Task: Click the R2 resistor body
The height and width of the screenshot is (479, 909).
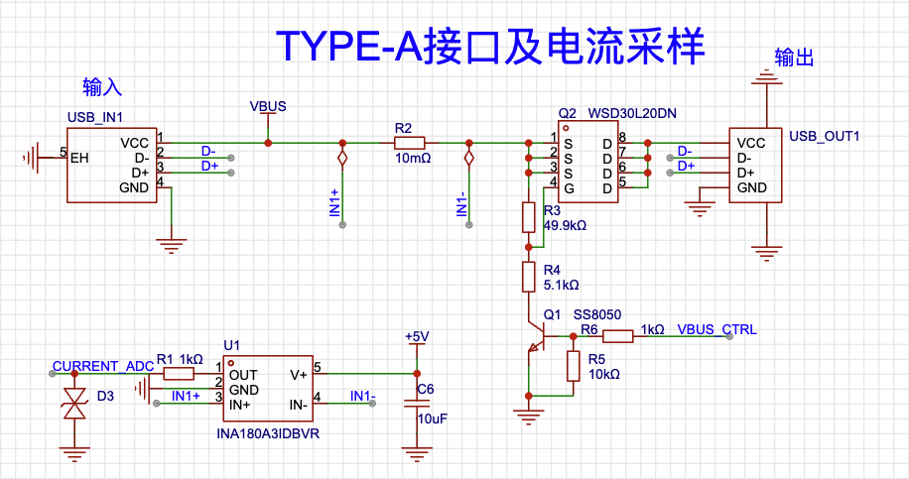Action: coord(409,143)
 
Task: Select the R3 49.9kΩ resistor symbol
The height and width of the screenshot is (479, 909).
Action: coord(528,217)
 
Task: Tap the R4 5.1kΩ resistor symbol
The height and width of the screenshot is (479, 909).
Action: coord(528,277)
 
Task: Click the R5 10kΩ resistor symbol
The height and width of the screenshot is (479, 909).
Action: coord(573,366)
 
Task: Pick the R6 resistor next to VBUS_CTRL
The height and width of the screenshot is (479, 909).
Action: coord(618,336)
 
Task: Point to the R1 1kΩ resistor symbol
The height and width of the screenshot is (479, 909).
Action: coord(179,374)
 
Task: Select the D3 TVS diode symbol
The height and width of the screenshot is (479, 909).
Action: coord(74,403)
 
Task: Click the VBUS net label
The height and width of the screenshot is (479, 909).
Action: coord(268,106)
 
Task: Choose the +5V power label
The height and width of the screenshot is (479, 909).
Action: coord(417,336)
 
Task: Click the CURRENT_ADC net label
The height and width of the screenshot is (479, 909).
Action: coord(103,366)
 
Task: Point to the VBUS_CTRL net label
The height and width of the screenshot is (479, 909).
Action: coord(717,329)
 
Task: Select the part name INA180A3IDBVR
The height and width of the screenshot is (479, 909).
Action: coord(268,433)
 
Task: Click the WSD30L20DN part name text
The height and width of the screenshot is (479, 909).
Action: coord(632,113)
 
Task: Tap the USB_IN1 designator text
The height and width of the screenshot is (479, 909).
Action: coord(95,118)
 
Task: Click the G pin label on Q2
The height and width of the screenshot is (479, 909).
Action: coord(570,188)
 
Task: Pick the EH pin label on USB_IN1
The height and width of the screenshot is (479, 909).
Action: coord(79,158)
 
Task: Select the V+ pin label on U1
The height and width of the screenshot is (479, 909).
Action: coord(299,375)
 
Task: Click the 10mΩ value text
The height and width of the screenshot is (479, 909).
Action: coord(414,158)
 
